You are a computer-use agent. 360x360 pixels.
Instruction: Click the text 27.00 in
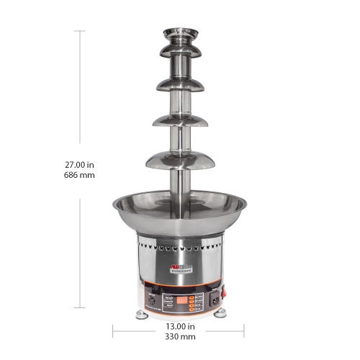click(80, 163)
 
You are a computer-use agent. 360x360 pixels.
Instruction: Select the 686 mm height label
click(80, 175)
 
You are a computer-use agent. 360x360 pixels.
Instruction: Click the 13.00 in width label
click(179, 325)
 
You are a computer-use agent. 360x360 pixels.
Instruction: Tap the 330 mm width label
click(179, 336)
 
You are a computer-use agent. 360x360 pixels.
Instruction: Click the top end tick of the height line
click(79, 31)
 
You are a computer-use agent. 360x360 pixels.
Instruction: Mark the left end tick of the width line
click(112, 331)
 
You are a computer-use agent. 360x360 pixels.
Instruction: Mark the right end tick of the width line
click(244, 331)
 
